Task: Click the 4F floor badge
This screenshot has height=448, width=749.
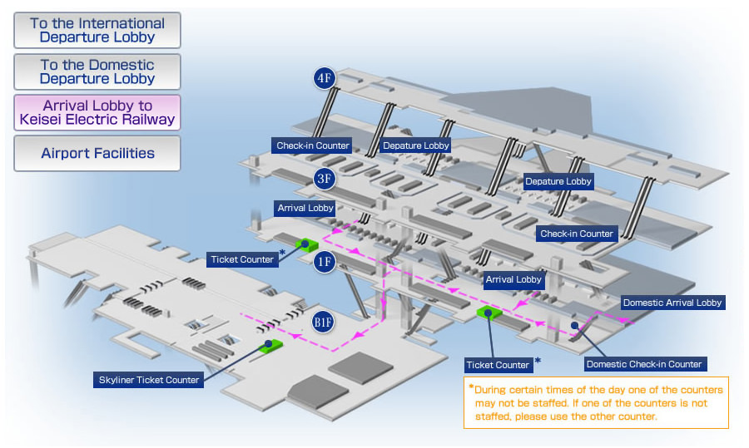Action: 325,78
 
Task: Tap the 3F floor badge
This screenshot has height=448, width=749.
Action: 325,179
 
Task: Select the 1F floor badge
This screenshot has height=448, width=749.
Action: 325,262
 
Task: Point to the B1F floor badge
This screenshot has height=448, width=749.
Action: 323,322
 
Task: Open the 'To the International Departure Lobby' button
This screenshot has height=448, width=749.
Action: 97,30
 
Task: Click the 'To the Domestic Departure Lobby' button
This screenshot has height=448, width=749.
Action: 97,71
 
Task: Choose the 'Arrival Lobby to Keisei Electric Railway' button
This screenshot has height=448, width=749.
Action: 97,112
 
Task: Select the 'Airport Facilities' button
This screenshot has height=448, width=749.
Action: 97,153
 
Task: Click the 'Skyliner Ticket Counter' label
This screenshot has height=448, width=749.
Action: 149,380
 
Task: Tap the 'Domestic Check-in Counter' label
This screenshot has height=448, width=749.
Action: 644,364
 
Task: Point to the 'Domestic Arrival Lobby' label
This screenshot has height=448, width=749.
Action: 672,303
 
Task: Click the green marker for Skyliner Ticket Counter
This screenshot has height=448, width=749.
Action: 270,346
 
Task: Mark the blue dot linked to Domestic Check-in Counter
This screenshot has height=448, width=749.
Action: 574,325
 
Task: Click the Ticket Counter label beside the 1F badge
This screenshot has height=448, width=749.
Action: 242,259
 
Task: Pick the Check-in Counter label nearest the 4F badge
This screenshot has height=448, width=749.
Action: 312,145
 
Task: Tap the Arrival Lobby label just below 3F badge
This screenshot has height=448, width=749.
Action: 305,208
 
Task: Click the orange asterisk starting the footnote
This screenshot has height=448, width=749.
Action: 472,387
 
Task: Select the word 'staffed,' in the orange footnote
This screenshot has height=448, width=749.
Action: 493,416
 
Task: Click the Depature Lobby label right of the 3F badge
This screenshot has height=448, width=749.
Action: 415,145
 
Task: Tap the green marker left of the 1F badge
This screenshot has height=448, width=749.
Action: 306,245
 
